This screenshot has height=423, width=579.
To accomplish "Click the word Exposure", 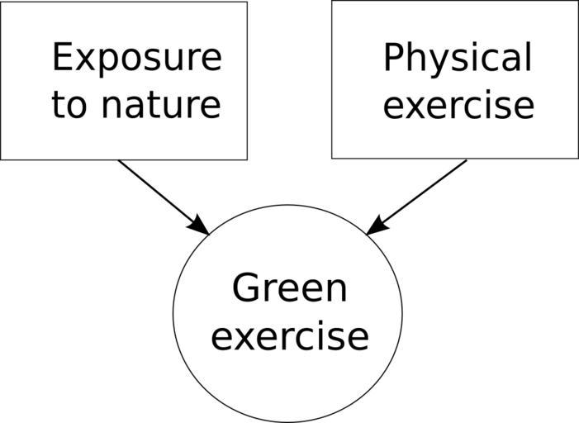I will pos(136,59).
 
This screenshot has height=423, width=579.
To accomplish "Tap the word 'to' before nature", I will pos(69,106).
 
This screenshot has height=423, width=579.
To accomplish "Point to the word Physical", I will pos(457,59).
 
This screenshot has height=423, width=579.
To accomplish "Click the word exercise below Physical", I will pos(458,106).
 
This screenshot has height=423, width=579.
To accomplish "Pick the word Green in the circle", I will pos(289,289).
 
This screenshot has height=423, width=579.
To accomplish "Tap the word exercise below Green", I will pos(289,337).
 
